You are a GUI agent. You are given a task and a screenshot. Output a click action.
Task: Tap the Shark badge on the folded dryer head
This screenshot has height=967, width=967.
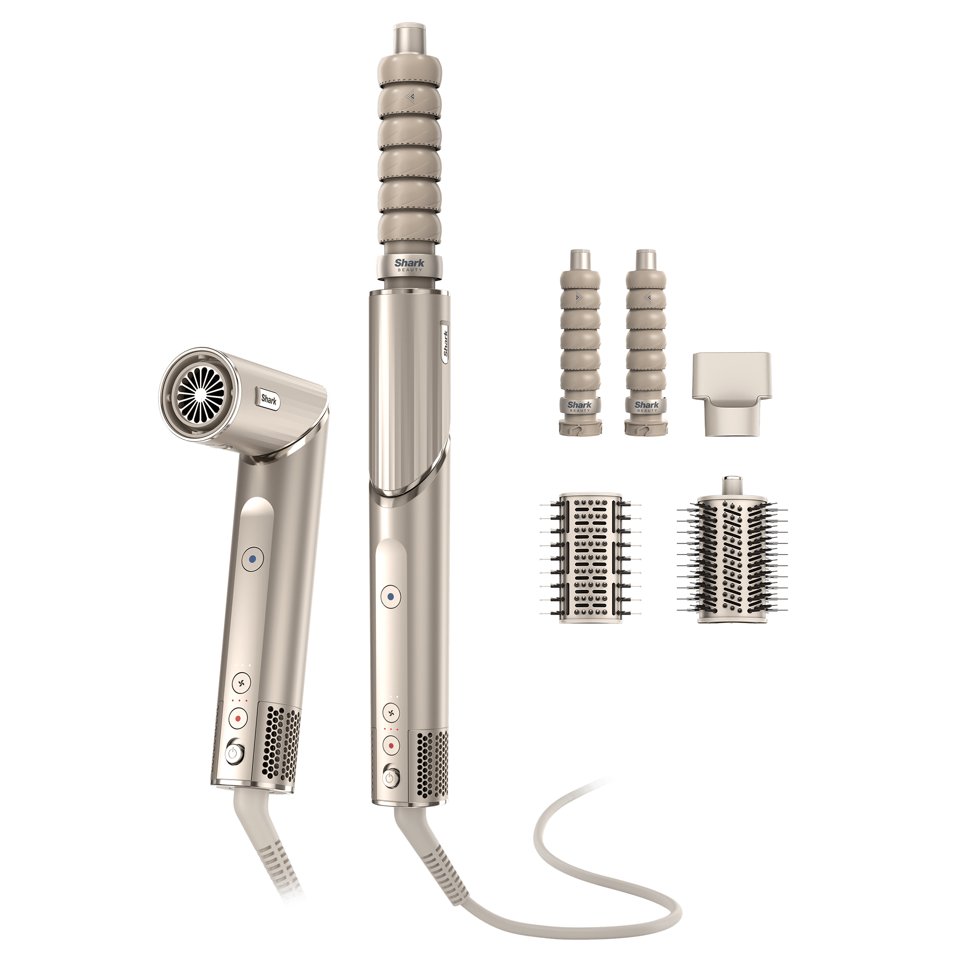(x=269, y=399)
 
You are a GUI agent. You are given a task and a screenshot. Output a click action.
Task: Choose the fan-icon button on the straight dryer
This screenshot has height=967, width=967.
(x=391, y=712)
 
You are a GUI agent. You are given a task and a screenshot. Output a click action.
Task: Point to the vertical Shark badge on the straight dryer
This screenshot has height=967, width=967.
(x=444, y=342)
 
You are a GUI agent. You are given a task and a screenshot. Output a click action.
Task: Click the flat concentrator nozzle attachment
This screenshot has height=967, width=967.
(x=731, y=393)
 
